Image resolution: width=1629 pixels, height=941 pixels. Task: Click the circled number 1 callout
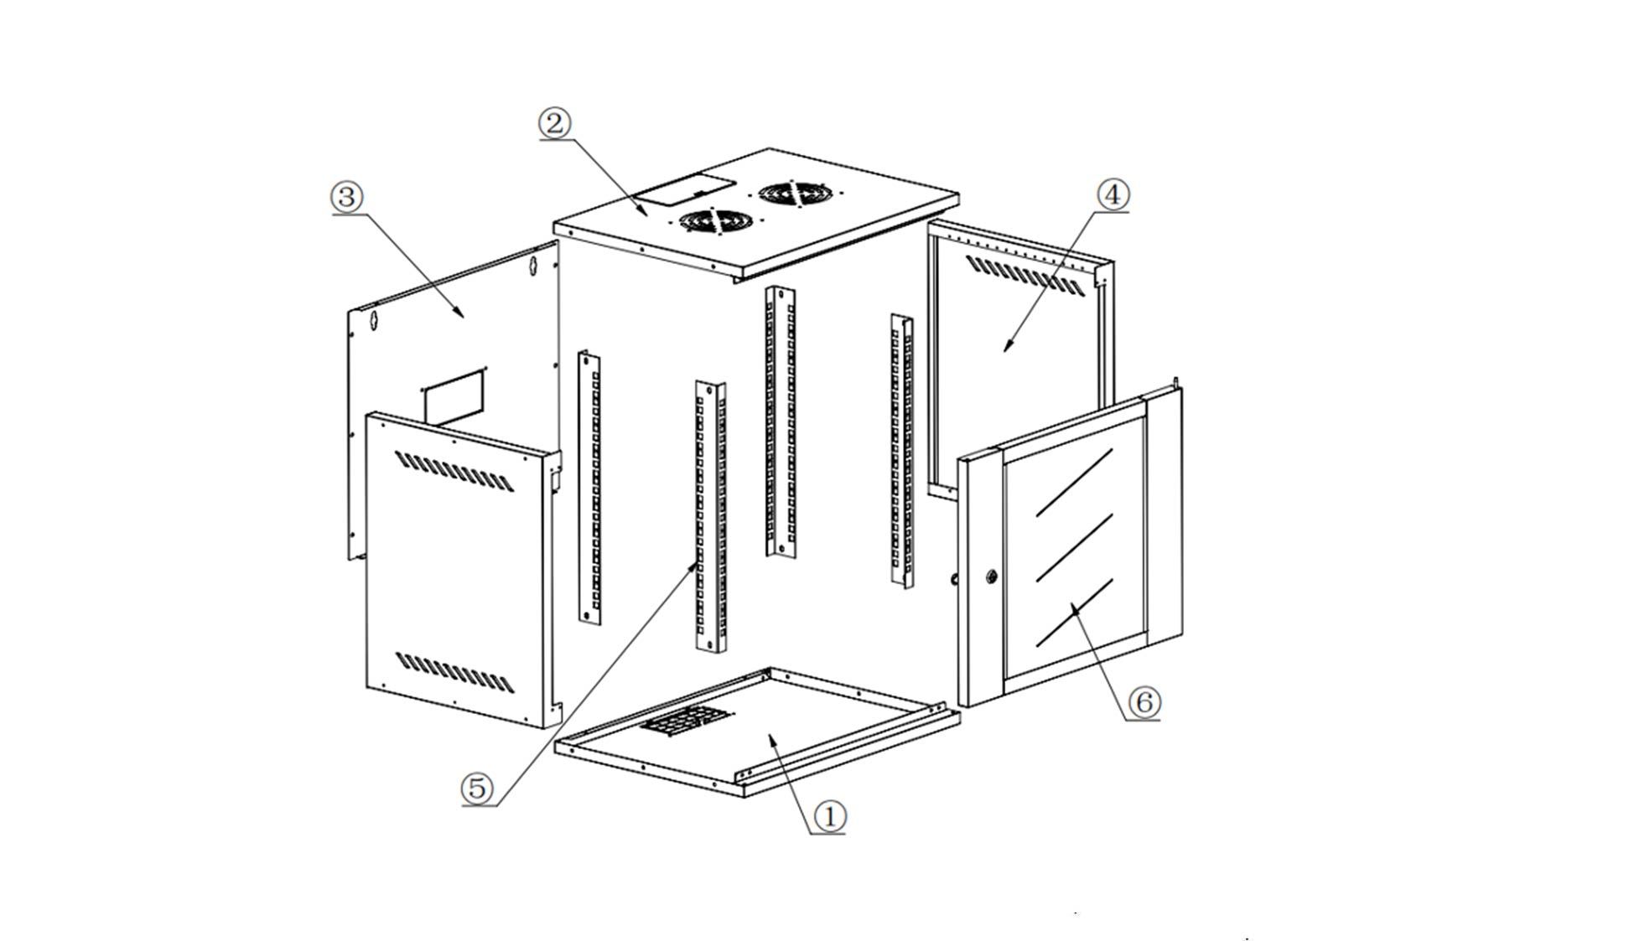click(x=830, y=815)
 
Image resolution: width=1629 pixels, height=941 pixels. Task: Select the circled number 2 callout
click(x=554, y=124)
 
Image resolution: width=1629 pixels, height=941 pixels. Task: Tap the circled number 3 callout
click(x=346, y=198)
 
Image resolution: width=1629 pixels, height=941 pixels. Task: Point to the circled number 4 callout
click(x=1113, y=194)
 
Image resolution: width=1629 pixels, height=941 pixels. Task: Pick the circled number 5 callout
click(x=476, y=788)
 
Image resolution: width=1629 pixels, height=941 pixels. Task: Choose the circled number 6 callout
click(x=1144, y=701)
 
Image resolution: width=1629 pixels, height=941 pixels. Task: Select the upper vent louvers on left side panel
click(x=454, y=472)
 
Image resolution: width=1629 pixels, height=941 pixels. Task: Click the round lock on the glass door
click(x=991, y=576)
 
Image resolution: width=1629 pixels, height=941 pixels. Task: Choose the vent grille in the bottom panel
click(x=684, y=720)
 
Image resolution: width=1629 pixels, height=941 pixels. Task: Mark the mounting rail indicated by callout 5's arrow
click(x=709, y=515)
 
